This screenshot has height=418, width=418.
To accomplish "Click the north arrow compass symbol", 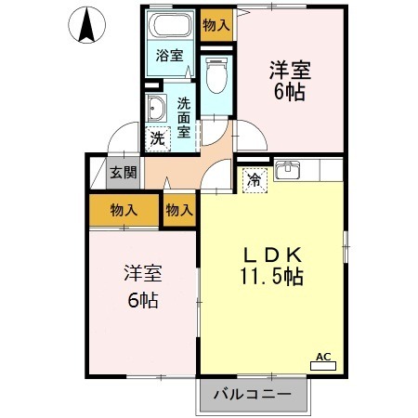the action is click(x=86, y=25).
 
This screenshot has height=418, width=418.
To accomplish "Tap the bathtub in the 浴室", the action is click(x=169, y=25).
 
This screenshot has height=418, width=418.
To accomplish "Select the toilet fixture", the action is click(x=216, y=75).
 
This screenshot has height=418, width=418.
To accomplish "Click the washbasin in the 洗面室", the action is click(x=156, y=108).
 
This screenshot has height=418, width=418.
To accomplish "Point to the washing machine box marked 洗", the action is click(x=158, y=138).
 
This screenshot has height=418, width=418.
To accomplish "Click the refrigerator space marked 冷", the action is click(x=255, y=180).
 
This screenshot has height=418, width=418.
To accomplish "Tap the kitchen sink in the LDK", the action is click(x=288, y=170).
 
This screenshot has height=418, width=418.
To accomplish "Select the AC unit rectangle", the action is click(x=323, y=366).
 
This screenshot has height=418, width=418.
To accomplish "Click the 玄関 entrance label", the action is click(x=124, y=173).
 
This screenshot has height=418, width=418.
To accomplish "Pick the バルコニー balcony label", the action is click(x=253, y=394).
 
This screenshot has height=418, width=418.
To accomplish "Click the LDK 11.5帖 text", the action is click(x=272, y=266).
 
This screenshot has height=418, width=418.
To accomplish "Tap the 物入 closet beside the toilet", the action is click(x=216, y=25).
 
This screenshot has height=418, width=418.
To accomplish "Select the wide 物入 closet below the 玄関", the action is click(x=124, y=210).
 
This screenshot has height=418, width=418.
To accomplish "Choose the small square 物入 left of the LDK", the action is click(x=179, y=210).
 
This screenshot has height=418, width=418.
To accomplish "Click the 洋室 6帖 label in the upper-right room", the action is click(x=290, y=81).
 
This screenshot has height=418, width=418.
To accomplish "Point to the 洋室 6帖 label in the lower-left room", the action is click(x=143, y=287).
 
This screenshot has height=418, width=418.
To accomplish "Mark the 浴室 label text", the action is click(x=169, y=56).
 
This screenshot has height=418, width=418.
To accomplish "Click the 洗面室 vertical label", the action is click(x=184, y=118).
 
